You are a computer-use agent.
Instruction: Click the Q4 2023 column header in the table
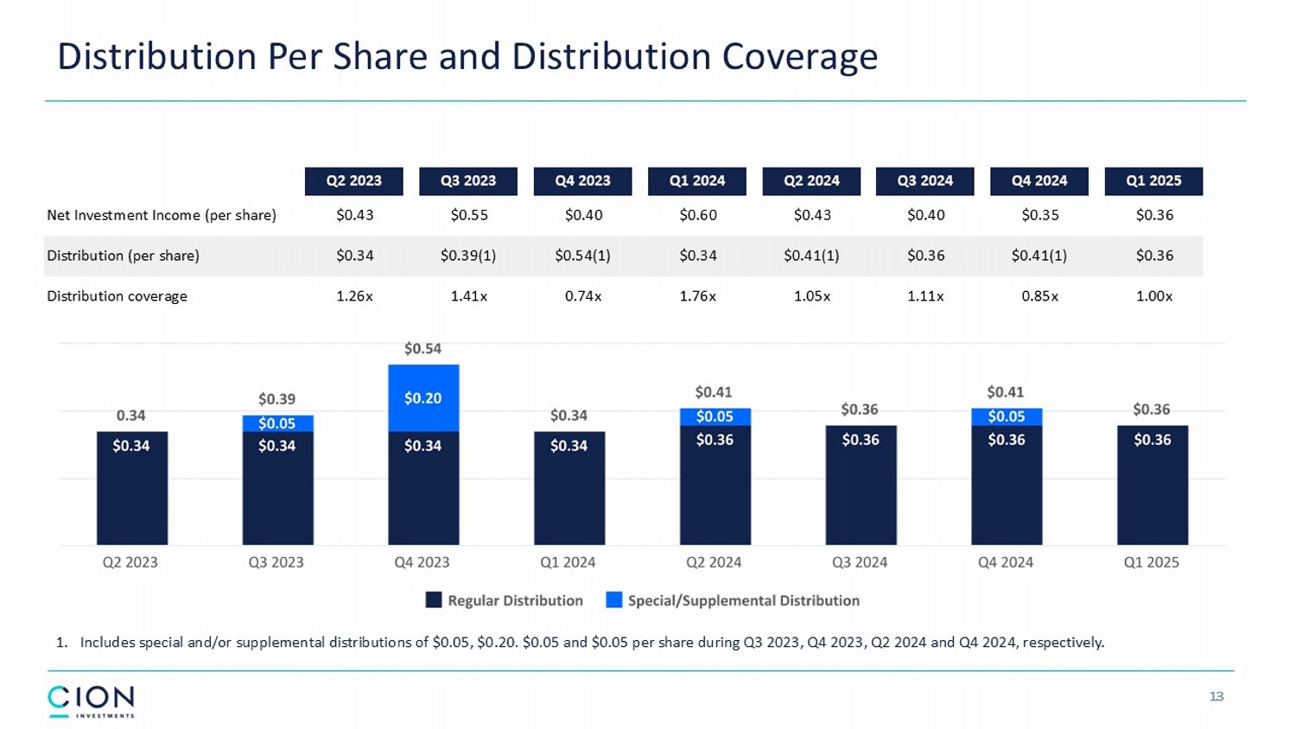[582, 181]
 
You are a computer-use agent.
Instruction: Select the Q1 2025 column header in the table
[1153, 181]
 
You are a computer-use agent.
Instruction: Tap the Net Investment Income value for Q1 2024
[697, 215]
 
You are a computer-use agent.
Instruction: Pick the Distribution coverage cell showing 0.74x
[582, 296]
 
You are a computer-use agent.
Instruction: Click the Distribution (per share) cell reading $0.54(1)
[582, 256]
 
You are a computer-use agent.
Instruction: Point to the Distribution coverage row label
[117, 296]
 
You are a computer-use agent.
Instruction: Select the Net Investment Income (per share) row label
[162, 215]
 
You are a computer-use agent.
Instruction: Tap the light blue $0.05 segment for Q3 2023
[277, 423]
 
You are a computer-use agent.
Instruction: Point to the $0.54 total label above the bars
[422, 349]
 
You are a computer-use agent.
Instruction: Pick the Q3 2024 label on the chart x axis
[860, 562]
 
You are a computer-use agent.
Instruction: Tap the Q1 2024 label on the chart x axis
[568, 562]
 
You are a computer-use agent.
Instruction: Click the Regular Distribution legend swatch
[434, 600]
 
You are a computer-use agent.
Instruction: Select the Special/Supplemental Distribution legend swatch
[614, 600]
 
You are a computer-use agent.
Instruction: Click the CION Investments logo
[91, 701]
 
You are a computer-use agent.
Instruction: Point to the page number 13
[1217, 697]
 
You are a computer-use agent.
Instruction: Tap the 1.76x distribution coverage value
[697, 296]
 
